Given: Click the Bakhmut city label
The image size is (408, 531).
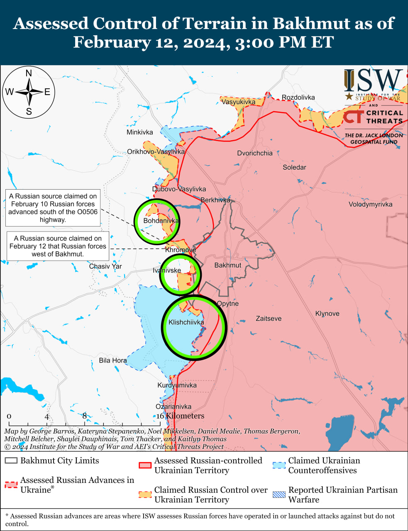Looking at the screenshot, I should pos(227,265).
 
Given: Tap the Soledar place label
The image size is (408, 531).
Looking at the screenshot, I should pos(294,167).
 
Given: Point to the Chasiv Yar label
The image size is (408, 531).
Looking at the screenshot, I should pos(105,266).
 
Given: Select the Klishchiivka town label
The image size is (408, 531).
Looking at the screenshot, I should pos(186,322).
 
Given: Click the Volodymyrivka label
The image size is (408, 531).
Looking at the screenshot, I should pos(370,204).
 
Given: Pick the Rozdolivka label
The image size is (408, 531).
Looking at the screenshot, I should pos(298,97).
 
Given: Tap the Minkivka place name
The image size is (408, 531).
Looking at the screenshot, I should pos(139,132).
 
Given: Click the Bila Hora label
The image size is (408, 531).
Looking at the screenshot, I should pos(113,360).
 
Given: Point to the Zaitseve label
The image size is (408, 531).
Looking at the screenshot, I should pos(269,319).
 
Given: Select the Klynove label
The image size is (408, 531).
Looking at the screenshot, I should pos(327,314).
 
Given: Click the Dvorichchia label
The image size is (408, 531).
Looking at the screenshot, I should pos(255,153).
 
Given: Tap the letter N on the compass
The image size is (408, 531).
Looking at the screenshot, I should pos(29,73).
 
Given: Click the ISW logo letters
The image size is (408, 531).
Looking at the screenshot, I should pos(373,81).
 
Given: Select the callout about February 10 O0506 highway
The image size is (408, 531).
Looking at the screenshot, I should pos(53,208).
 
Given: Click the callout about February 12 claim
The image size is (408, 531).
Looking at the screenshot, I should pos(58,246).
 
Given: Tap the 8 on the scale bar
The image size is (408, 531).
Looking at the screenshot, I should pos(84,416).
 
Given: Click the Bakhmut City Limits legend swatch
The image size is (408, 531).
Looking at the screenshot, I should pos(11,461).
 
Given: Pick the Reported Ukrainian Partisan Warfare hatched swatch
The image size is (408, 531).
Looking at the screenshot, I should pos(279,494).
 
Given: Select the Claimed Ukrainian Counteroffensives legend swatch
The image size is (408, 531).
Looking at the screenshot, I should pos(279,465).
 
